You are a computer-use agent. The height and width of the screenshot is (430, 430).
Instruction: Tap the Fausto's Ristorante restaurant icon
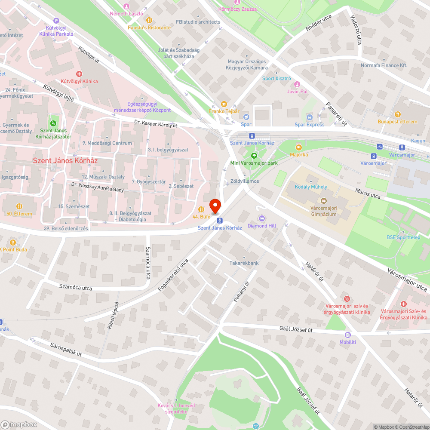(x=149, y=20)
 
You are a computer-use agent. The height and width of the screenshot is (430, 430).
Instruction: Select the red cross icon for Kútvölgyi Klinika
(x=79, y=74)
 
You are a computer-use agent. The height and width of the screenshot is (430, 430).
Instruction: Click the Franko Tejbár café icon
(x=224, y=104)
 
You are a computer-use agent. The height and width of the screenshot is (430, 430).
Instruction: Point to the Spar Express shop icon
(x=309, y=117)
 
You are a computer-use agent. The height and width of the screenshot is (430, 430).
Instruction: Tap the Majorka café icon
(x=299, y=147)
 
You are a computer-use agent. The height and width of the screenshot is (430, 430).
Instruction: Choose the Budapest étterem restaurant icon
(x=397, y=114)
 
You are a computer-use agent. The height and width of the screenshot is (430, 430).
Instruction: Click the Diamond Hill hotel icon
(x=261, y=218)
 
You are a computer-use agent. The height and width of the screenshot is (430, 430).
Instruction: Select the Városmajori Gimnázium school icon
(x=323, y=201)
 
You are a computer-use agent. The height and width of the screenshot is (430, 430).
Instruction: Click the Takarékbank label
(x=244, y=263)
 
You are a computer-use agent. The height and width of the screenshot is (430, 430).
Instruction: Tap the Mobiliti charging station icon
(x=347, y=335)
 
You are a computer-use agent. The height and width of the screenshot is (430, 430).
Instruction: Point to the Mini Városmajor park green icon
(x=254, y=156)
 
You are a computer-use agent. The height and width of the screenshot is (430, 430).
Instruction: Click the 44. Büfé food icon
(x=201, y=209)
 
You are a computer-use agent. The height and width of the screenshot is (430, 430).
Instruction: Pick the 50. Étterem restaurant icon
(x=19, y=206)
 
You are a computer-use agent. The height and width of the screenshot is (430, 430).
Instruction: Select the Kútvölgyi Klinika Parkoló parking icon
(x=56, y=20)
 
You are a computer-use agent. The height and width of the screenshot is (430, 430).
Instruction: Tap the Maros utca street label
(x=368, y=193)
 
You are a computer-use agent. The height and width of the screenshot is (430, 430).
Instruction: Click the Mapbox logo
(x=19, y=424)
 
